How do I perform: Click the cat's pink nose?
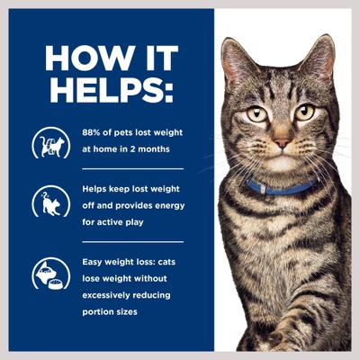(x=282, y=143)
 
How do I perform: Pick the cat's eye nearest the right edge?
(x=305, y=113)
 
